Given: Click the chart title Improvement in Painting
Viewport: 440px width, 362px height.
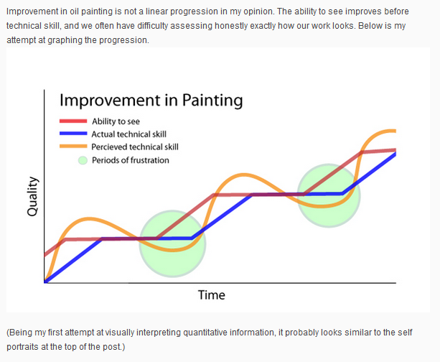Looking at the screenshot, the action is click(151, 101).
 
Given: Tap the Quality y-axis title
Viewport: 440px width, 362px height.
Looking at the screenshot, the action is click(32, 196).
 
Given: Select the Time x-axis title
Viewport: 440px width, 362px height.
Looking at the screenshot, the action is click(212, 295).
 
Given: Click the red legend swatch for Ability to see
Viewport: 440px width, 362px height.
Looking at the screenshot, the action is click(73, 121).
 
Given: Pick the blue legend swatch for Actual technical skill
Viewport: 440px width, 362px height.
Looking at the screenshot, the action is click(73, 134).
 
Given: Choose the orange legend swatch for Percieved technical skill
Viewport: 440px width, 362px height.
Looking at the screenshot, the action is click(73, 147).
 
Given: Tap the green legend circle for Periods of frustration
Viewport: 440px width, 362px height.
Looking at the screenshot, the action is click(83, 160).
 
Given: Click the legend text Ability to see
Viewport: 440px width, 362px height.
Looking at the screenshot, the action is click(116, 121).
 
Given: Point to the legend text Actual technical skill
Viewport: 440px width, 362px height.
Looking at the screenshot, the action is click(128, 134).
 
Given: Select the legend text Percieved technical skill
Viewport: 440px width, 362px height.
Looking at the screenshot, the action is click(135, 147).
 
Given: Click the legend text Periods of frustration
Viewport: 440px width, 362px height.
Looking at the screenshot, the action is click(131, 160).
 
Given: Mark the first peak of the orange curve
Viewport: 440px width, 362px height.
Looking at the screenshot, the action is click(89, 218).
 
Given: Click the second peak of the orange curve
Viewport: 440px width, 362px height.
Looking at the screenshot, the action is click(244, 175).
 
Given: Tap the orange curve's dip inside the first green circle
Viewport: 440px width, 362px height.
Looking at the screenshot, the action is click(173, 250).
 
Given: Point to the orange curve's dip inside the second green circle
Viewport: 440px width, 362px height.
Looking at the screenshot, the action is click(323, 206).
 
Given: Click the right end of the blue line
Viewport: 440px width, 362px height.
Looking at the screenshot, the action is click(395, 154).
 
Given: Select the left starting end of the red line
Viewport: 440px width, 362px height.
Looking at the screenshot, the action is click(45, 255).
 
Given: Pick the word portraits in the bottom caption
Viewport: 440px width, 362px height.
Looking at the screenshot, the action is click(23, 347).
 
